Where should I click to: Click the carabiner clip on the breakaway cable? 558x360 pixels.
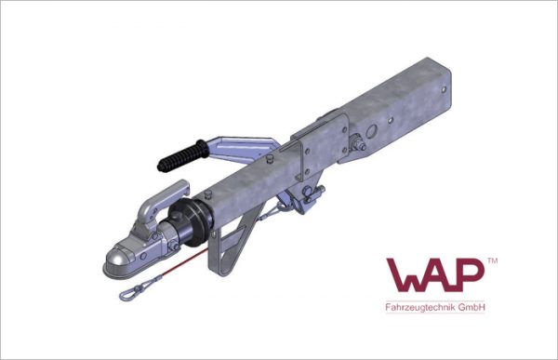130,295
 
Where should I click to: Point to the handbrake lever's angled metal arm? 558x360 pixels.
242,149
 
